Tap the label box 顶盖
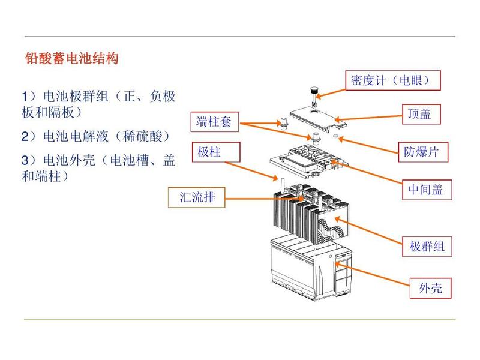point(419,114)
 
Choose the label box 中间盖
point(425,190)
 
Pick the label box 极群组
point(427,246)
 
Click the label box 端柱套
point(214,122)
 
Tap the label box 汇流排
point(197,197)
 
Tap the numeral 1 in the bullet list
point(25,97)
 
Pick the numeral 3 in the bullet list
point(25,161)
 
